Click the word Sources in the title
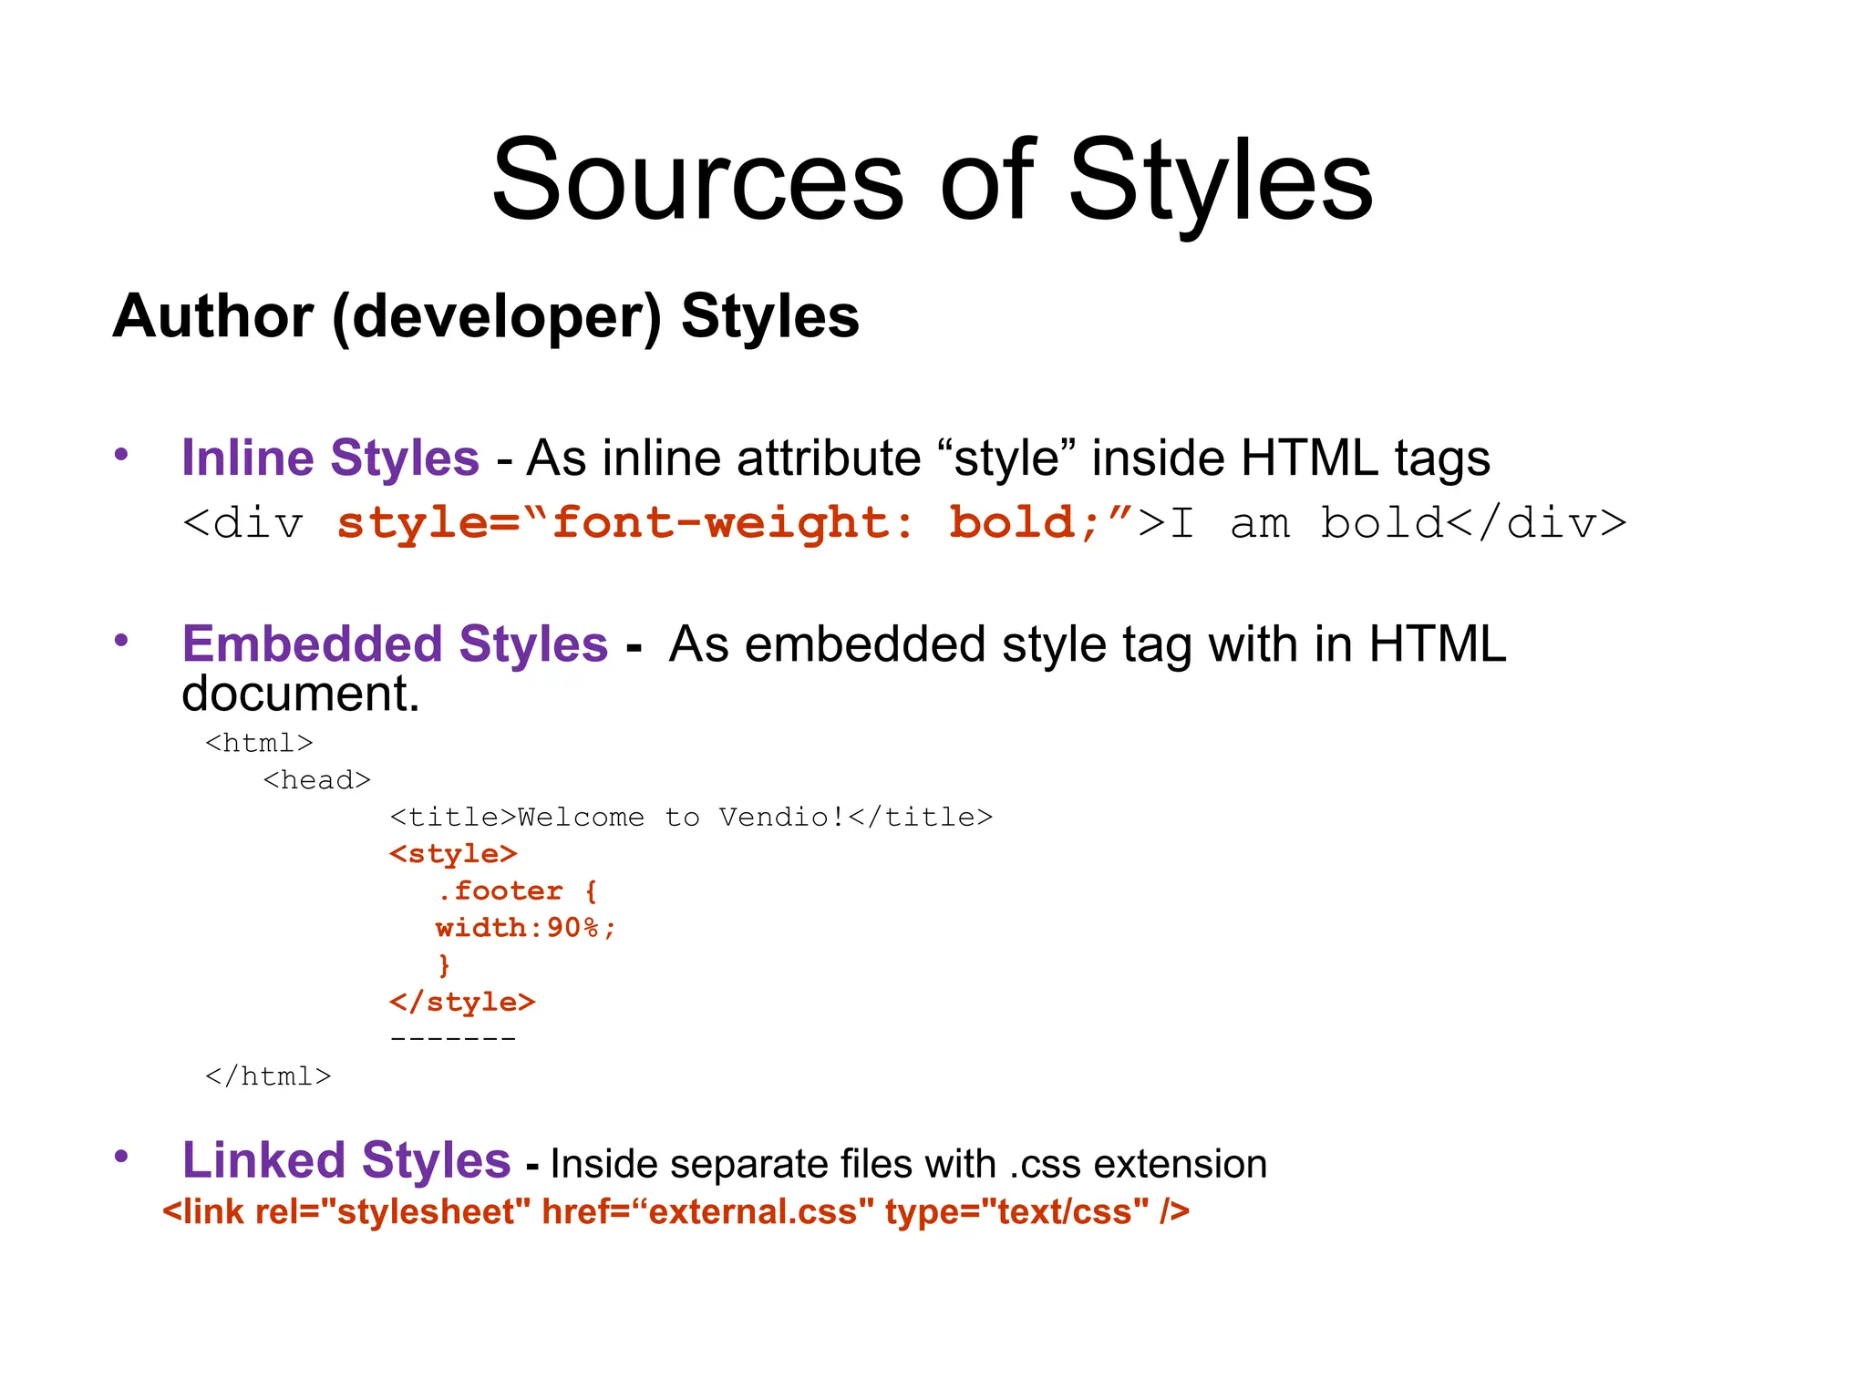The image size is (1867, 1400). [697, 180]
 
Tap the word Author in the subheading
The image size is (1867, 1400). [212, 316]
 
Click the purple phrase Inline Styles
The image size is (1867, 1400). [330, 458]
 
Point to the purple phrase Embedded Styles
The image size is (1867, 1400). [395, 644]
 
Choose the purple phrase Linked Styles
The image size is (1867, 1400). [346, 1160]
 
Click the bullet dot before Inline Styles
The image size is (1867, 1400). [121, 454]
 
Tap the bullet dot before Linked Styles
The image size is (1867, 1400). [121, 1156]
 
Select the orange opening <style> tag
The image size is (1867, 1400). [453, 854]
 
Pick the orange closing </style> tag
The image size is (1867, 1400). [462, 1002]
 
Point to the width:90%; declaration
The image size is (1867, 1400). [526, 928]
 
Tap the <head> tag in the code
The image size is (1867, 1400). [316, 780]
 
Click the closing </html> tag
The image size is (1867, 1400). [268, 1076]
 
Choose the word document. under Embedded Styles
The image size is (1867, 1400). [301, 694]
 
